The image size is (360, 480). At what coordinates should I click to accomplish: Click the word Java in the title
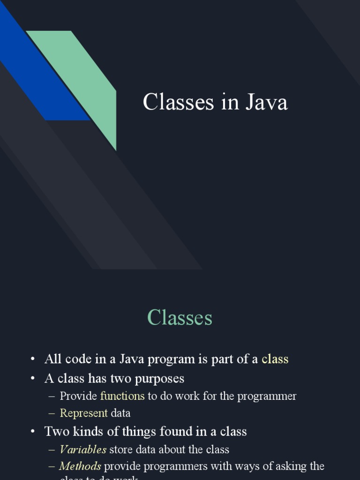click(267, 103)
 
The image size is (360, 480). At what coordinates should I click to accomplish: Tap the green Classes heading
click(180, 318)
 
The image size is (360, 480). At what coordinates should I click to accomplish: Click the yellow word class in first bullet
click(275, 360)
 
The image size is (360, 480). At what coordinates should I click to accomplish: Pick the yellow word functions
click(122, 396)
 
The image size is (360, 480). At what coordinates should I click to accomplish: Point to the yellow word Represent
click(83, 413)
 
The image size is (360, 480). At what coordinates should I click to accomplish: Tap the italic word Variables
click(83, 450)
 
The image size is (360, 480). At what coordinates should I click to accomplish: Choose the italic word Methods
click(80, 466)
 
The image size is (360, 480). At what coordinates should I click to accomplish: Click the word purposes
click(159, 378)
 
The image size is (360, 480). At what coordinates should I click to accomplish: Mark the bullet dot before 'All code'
click(32, 360)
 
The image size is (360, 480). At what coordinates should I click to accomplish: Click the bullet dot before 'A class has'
click(32, 378)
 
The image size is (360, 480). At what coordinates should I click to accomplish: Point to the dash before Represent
click(52, 413)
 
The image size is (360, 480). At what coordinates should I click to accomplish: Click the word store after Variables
click(121, 450)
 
